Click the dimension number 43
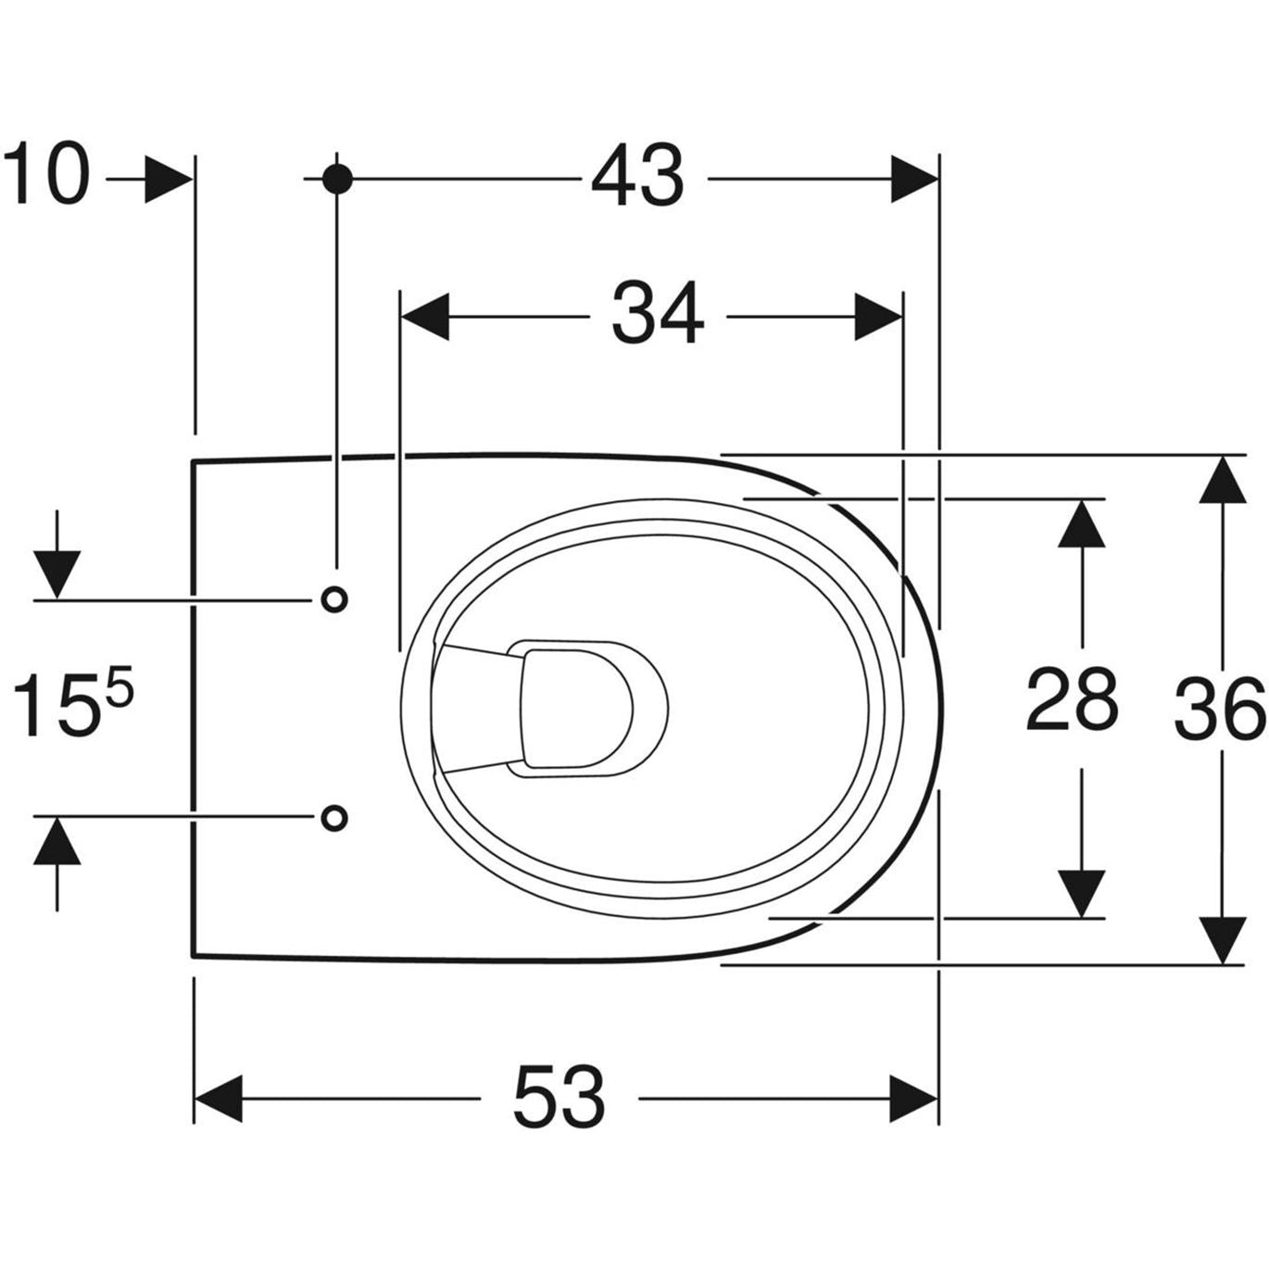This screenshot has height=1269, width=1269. (638, 176)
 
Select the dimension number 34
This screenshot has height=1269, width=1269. (657, 315)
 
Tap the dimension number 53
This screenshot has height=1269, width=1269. (559, 1097)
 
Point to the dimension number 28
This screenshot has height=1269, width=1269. (1072, 699)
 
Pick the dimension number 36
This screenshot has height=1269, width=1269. (1219, 709)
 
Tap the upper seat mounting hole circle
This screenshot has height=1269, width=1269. (334, 599)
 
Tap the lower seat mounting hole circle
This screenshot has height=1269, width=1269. (334, 817)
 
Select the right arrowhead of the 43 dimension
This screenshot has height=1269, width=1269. (913, 178)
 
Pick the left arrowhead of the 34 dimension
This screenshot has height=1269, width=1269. (424, 317)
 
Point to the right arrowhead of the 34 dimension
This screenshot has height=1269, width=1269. (878, 317)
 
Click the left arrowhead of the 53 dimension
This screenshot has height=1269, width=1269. (219, 1099)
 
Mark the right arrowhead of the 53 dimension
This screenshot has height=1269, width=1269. (913, 1099)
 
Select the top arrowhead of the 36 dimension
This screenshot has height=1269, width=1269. (1221, 479)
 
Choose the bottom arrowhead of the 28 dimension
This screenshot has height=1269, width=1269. (1081, 894)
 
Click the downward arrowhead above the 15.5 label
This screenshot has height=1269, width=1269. (57, 574)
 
